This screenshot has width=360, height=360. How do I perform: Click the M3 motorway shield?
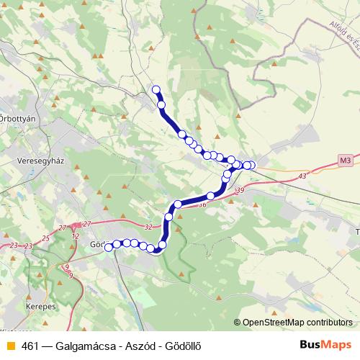[x=346, y=160]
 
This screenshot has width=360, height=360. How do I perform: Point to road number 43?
[x=301, y=176]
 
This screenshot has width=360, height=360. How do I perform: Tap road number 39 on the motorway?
[x=240, y=190]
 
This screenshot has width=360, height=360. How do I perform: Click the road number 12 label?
[x=76, y=236]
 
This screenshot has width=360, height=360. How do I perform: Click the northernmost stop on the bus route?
[x=156, y=89]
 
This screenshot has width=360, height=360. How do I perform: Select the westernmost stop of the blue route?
[x=109, y=247]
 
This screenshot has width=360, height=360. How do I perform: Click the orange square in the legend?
[x=10, y=345]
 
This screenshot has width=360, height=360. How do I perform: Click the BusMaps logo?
[x=325, y=344]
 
